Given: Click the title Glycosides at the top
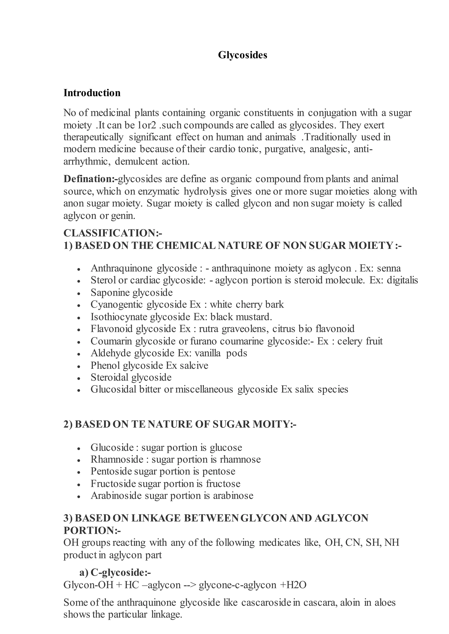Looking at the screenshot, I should point(242,55).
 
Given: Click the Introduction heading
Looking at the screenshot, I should point(92,93).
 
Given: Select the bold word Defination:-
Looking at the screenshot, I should point(90,179).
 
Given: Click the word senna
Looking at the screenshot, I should point(389,268).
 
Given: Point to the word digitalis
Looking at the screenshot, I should point(402,280).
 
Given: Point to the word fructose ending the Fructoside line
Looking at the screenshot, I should point(223,484).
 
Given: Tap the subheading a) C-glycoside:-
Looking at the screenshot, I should point(115,573).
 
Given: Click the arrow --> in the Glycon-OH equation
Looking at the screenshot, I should point(190,585).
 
